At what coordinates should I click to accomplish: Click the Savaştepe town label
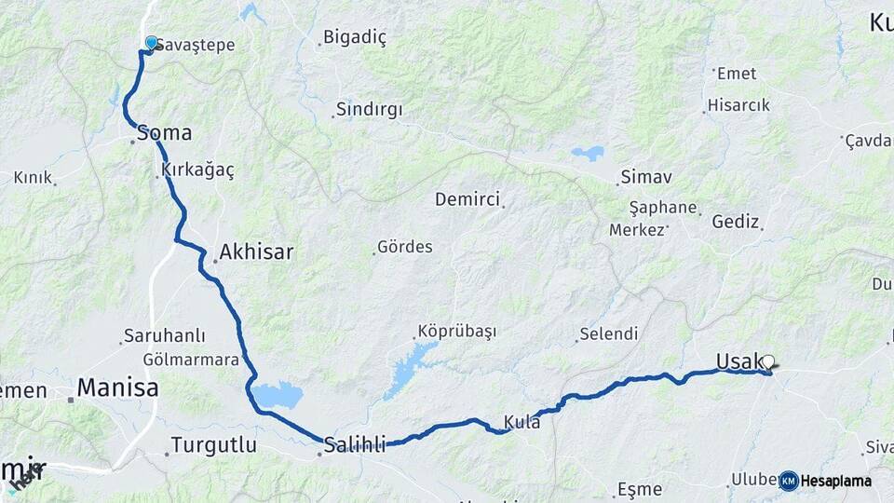[196, 45]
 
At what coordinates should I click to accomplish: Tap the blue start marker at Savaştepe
[152, 43]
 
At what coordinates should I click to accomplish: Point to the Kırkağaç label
[197, 170]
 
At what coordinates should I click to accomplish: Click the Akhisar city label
[256, 251]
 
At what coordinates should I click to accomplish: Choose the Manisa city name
[117, 388]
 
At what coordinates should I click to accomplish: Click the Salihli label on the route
[354, 445]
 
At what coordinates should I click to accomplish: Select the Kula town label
[521, 422]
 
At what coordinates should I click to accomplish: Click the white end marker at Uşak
[768, 362]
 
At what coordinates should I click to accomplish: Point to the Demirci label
[467, 199]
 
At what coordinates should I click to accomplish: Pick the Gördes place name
[404, 248]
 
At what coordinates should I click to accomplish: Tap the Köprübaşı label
[457, 332]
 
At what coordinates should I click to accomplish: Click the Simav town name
[646, 177]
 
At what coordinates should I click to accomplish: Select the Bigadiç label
[354, 38]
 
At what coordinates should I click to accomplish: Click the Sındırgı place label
[369, 110]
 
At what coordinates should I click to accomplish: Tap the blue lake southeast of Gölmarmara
[278, 396]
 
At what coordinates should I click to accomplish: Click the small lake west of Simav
[588, 153]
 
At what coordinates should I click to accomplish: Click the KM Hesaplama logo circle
[789, 481]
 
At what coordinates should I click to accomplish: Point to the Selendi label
[609, 333]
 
